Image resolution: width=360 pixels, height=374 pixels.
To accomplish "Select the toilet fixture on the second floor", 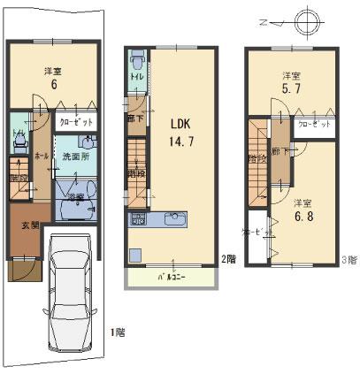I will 137,63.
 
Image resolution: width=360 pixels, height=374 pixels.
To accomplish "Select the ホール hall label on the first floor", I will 40,152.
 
